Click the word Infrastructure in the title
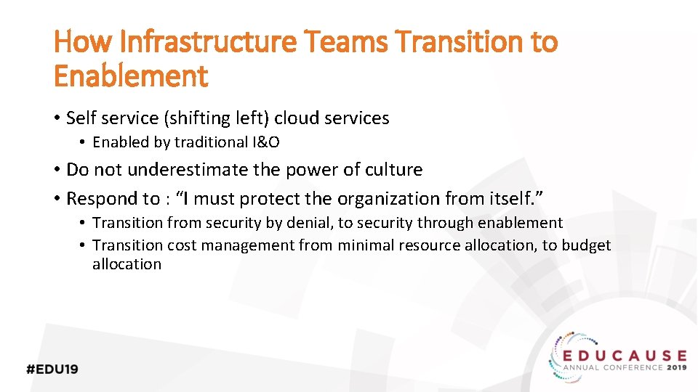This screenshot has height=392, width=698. [207, 43]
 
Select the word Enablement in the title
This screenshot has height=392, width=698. [131, 75]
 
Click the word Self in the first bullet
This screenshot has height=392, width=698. [80, 118]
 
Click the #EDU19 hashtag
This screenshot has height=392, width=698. [52, 369]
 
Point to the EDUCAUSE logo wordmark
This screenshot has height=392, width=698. [625, 355]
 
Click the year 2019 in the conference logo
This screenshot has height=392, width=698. [675, 367]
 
